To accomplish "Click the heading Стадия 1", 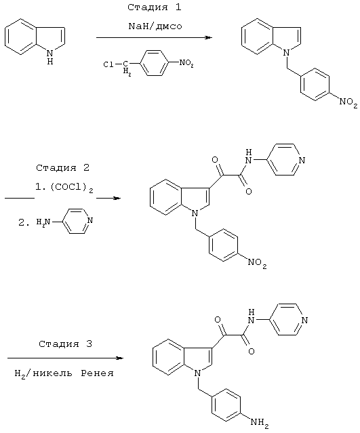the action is tap(154, 7).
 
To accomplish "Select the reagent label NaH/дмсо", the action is tap(155, 26).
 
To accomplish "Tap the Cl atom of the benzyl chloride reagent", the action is tap(108, 64).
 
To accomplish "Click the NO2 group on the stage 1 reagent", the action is tap(186, 63).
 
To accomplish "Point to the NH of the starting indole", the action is tap(50, 57).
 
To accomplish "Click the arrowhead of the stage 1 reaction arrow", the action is tap(209, 37).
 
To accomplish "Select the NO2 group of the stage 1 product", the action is tap(348, 102).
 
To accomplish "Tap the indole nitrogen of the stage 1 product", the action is tap(287, 51).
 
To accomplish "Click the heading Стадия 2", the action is tap(63, 167).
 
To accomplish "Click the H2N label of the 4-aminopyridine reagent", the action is tap(43, 222).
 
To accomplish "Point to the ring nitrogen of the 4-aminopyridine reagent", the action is tap(89, 221).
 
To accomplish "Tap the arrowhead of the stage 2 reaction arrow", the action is tap(117, 199).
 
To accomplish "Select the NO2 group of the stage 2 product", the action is tap(257, 262).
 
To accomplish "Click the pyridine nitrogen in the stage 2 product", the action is tap(302, 161).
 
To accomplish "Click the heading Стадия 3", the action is tap(65, 344).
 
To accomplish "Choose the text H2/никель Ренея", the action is tap(64, 374).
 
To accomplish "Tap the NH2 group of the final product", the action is tap(260, 422).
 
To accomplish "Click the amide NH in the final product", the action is tap(251, 316).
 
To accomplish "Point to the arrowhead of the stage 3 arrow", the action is tap(119, 358).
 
